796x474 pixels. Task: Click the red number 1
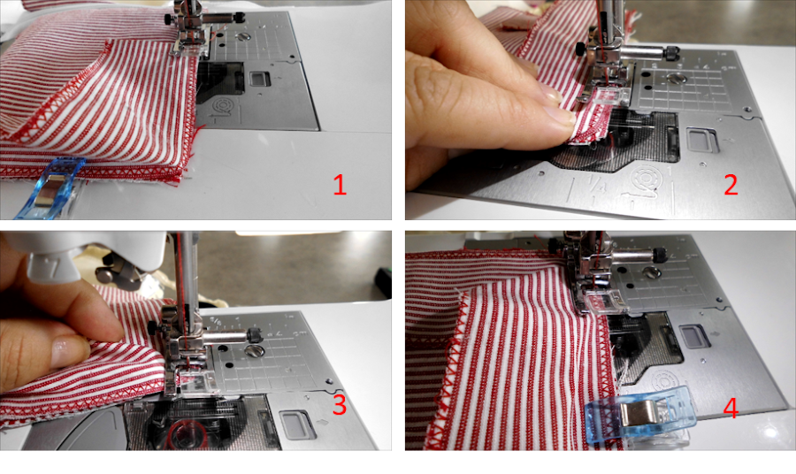[x=340, y=185]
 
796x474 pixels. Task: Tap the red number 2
[x=731, y=185]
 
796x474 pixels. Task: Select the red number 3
[x=339, y=404]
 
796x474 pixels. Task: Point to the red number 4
[x=731, y=408]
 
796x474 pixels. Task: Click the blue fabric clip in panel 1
[x=49, y=187]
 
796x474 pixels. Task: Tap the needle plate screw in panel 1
[x=244, y=36]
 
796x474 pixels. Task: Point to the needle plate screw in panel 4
[x=652, y=273]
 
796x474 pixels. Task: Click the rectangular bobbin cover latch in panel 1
[x=259, y=79]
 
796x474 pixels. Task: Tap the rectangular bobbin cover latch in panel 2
[x=702, y=139]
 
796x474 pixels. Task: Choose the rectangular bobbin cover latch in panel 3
[x=294, y=424]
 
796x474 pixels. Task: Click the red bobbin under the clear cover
[x=187, y=435]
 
